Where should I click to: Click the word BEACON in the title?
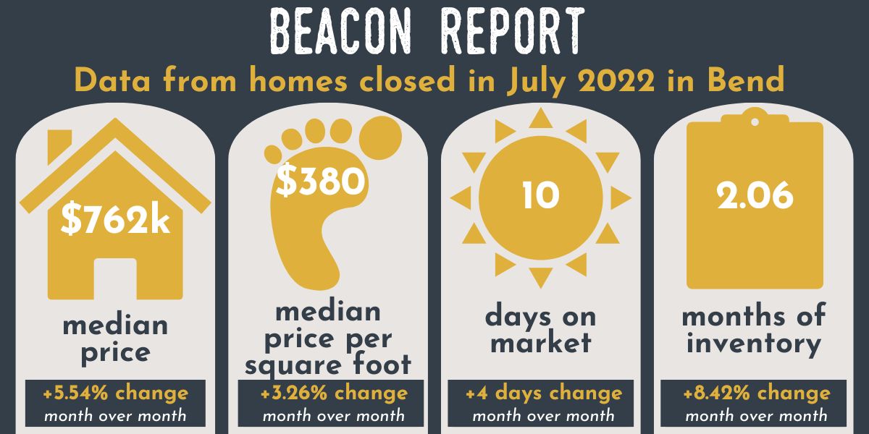coord(340,30)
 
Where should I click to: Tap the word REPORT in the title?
coord(513,30)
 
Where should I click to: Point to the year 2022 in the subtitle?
coord(616,80)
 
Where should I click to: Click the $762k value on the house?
coord(115,220)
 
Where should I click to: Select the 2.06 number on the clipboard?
coord(755,196)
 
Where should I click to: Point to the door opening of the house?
coord(115,279)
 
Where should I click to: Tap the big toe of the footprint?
coord(380,137)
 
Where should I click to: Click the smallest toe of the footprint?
coord(273,154)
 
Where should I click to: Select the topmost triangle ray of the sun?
coord(541,119)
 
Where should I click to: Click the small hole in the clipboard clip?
coord(755,122)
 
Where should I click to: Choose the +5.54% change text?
coord(116,393)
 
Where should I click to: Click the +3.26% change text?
coord(334,393)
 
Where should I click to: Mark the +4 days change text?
coord(544,393)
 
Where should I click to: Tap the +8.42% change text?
coord(757,393)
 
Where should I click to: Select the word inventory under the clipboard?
coord(754,344)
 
